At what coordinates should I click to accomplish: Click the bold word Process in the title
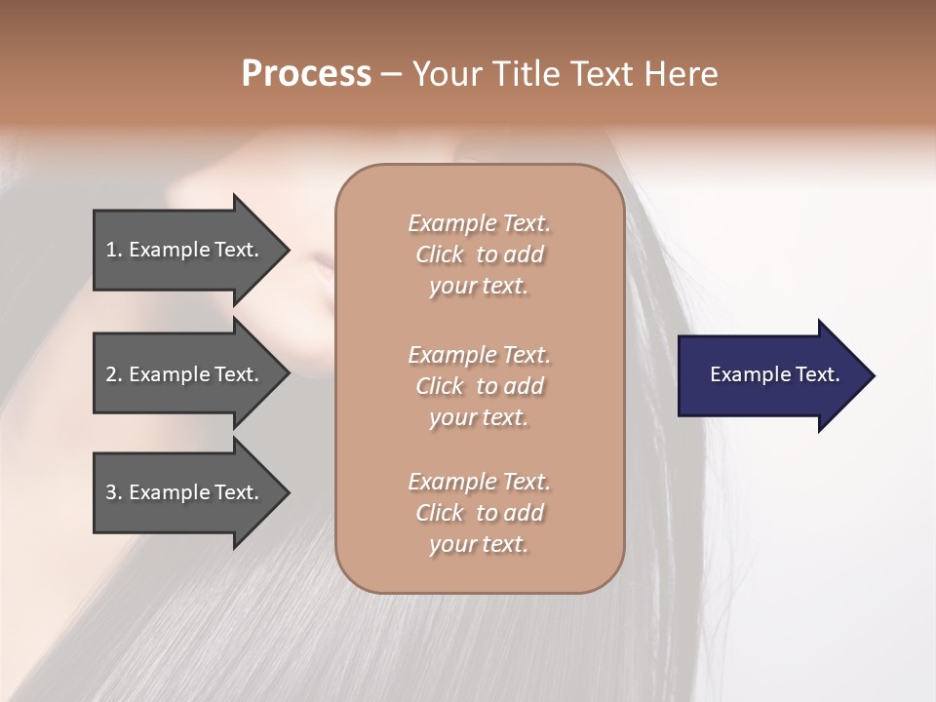(306, 74)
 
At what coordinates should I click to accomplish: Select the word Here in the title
(680, 74)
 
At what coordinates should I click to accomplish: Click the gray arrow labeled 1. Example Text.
(185, 250)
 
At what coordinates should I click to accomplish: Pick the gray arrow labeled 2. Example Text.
(185, 374)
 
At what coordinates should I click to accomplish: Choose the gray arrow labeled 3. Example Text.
(185, 492)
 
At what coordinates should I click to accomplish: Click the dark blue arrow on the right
(770, 375)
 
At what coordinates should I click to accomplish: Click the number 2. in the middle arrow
(114, 374)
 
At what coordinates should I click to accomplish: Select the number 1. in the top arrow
(114, 250)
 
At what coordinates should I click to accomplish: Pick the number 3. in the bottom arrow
(114, 492)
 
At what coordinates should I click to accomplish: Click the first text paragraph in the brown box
(479, 254)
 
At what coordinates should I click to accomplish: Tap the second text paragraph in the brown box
(479, 386)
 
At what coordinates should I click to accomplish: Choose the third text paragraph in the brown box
(479, 513)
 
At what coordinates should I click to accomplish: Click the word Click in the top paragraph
(440, 254)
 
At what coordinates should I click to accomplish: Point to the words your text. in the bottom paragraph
(479, 544)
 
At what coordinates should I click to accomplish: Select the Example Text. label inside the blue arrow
(774, 374)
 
